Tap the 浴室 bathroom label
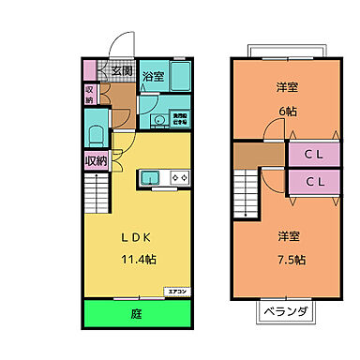tap(154, 77)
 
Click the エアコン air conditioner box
tap(177, 292)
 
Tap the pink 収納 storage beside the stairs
tap(96, 160)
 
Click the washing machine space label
tap(177, 118)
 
